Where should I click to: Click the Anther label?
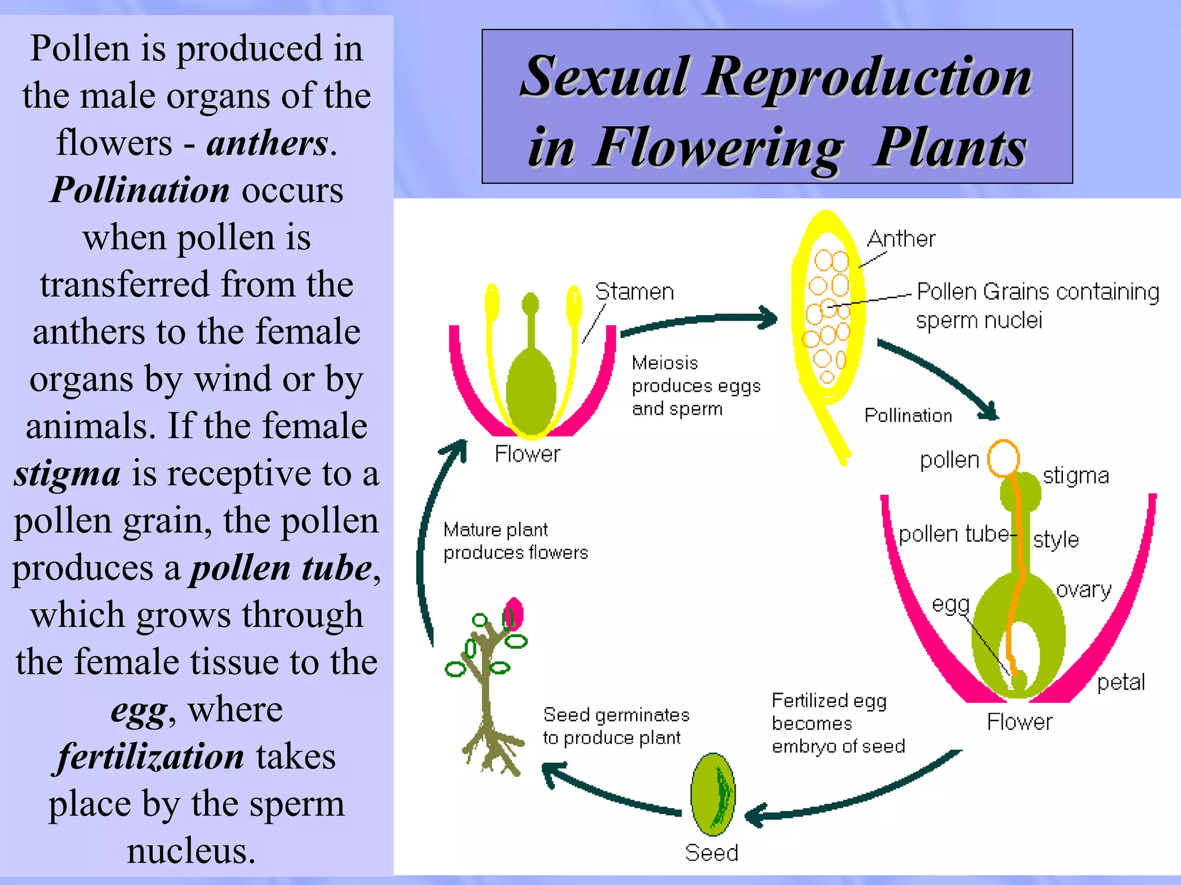(x=901, y=239)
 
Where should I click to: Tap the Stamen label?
(x=634, y=292)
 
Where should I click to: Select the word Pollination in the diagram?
(x=908, y=415)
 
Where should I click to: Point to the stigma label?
(x=1075, y=476)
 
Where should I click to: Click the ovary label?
(x=1083, y=589)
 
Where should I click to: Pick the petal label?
(x=1120, y=682)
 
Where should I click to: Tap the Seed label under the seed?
(x=711, y=853)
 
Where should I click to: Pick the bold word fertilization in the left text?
(x=150, y=756)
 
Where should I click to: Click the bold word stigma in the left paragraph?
(x=67, y=474)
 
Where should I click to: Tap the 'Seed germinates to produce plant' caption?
(x=615, y=726)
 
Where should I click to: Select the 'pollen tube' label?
(x=953, y=534)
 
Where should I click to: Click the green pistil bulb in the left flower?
(x=531, y=392)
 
